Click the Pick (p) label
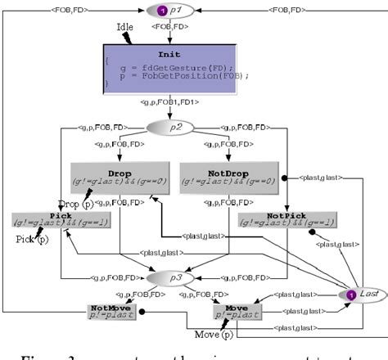[x=30, y=240]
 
